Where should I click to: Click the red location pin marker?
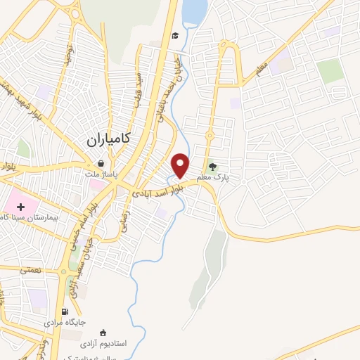point(181,165)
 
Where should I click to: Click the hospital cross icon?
point(20,207)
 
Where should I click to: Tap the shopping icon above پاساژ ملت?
point(103,164)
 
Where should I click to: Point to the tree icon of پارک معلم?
point(223,167)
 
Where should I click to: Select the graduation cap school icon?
point(174,36)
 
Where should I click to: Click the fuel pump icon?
point(65,311)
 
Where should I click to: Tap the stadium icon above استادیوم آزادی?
point(104,333)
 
